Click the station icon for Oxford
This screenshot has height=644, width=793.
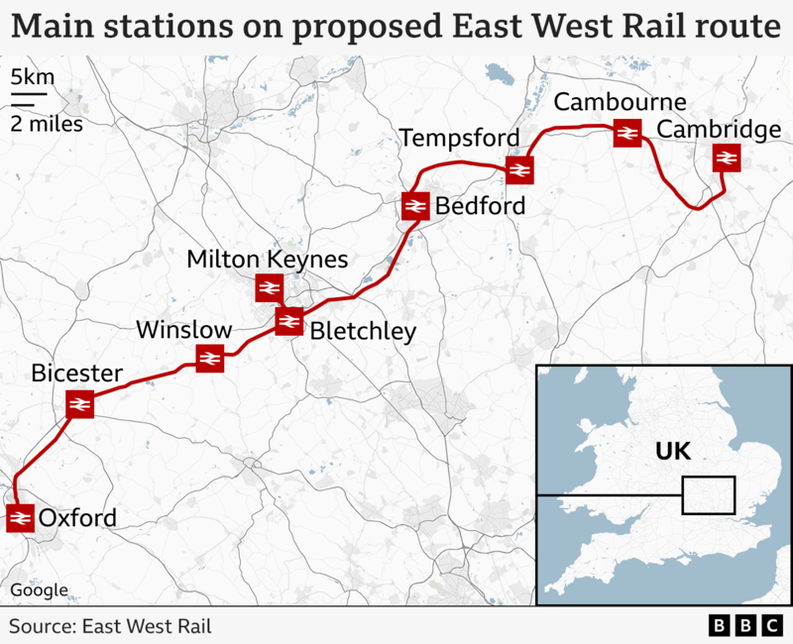[20, 518]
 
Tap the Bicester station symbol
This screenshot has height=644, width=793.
[79, 404]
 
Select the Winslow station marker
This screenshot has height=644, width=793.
[209, 359]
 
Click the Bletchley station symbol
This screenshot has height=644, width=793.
[288, 321]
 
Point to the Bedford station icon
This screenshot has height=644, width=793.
[414, 206]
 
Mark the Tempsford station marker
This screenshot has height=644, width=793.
[519, 170]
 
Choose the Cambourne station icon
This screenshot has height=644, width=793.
[626, 133]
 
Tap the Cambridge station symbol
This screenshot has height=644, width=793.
[727, 159]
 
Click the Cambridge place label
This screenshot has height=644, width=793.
[719, 130]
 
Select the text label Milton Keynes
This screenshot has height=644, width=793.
[268, 260]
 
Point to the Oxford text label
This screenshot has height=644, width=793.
[77, 518]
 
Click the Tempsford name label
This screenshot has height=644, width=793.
[458, 137]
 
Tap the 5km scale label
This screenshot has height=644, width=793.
[27, 77]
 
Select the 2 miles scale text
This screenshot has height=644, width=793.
[47, 124]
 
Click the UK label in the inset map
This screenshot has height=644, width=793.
[672, 453]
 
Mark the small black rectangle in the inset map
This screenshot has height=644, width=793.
[708, 494]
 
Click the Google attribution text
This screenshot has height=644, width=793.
[40, 590]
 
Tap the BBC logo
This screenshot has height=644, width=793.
[745, 626]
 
